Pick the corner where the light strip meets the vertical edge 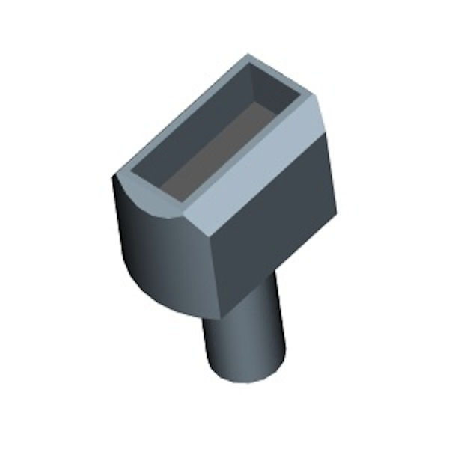coord(211,238)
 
